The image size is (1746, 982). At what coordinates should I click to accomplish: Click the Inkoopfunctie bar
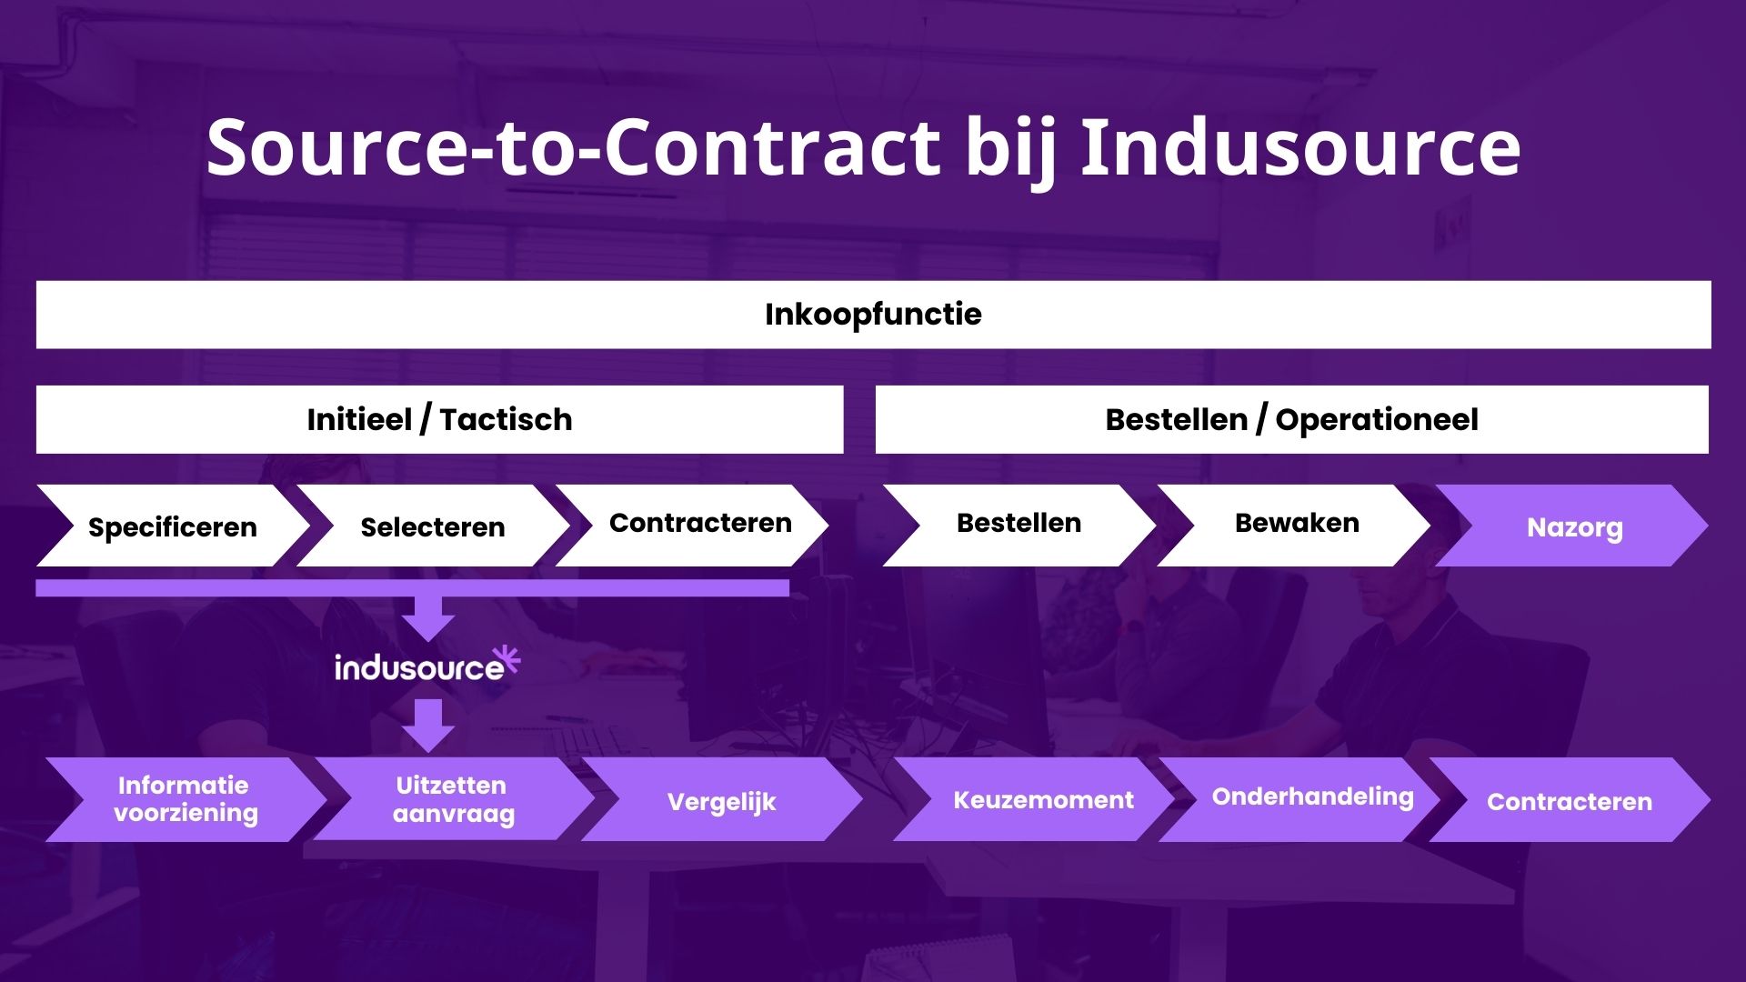coord(873,315)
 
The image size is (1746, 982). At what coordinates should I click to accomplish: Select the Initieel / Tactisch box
coord(439,419)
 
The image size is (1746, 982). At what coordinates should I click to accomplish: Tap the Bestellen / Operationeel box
coord(1291,419)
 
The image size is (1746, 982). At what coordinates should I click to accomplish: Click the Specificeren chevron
coord(173,526)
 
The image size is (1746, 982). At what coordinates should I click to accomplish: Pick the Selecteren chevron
coord(433,526)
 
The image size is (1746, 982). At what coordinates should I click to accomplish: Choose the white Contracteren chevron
coord(699,525)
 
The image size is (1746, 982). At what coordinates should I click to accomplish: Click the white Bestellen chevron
coord(1018,525)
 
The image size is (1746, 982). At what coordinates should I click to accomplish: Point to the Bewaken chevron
coord(1296,525)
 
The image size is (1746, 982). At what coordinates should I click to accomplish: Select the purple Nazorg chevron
coord(1574,526)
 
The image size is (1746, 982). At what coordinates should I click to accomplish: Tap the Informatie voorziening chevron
coord(186,799)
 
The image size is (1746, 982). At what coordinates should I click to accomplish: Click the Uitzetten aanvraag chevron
coord(453,799)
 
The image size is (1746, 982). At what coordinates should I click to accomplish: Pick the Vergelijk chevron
coord(721,801)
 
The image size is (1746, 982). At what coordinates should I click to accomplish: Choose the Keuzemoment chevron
coord(1043,800)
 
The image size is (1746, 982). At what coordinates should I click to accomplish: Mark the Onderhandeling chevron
coord(1312,797)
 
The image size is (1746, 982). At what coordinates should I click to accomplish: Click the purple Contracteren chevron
coord(1570,801)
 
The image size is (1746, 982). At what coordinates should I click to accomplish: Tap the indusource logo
coord(420,668)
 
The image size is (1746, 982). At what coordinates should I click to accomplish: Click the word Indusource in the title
coord(1300,147)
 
